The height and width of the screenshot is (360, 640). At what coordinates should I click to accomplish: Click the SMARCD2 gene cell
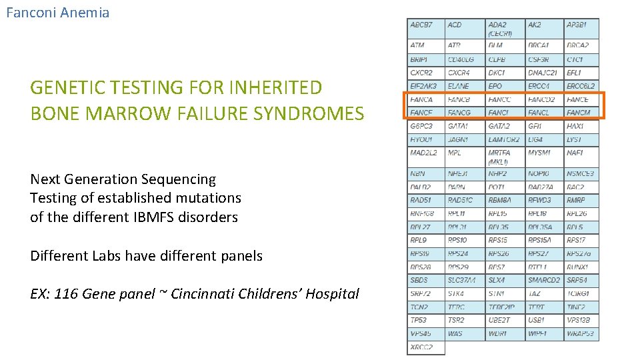point(544,280)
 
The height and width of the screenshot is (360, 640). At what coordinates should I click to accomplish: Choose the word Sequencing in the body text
point(179,179)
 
